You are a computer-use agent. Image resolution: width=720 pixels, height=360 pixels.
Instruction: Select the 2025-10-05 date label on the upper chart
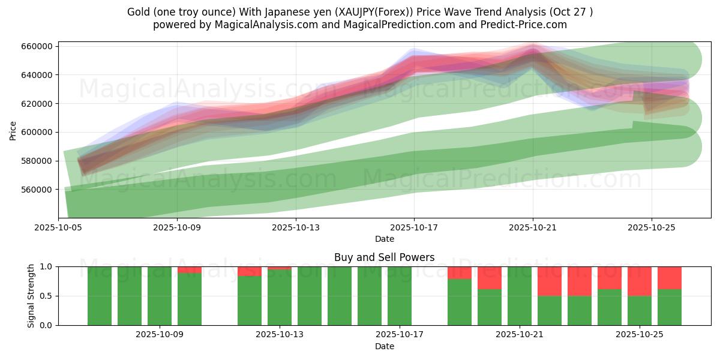[58, 228]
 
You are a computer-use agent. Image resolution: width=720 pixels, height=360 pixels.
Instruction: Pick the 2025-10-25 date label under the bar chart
[640, 335]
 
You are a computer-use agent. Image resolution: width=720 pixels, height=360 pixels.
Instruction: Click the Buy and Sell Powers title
[384, 257]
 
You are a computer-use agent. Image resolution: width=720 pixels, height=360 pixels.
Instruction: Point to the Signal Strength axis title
[32, 296]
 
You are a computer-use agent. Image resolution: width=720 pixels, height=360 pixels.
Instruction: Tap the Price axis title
[13, 130]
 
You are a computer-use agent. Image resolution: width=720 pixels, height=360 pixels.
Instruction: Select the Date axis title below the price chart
[384, 239]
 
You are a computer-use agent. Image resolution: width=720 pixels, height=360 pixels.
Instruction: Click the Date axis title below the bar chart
[384, 346]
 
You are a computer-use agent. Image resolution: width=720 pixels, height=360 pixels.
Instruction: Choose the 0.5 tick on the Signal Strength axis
[46, 296]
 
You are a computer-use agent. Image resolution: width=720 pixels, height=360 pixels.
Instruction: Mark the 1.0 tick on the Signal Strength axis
[46, 266]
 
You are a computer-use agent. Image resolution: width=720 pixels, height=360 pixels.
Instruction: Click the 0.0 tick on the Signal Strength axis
[46, 325]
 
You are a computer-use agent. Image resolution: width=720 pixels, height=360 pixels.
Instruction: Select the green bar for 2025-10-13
[280, 298]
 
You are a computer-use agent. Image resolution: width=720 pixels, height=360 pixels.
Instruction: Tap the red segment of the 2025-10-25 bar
[640, 281]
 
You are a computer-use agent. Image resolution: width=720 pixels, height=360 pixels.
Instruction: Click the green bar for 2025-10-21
[520, 296]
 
